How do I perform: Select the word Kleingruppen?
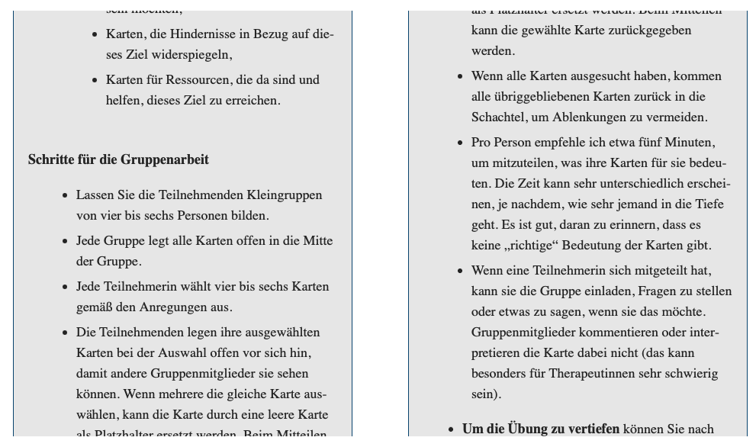[x=285, y=195]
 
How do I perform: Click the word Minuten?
[x=690, y=143]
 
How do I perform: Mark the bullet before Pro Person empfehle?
[x=459, y=143]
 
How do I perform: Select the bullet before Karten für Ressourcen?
[x=95, y=80]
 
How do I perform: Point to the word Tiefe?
[x=708, y=204]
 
